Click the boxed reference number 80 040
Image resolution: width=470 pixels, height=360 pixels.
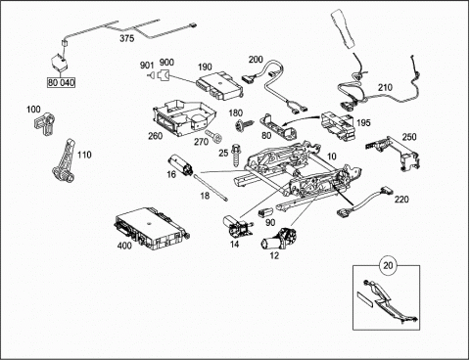[62, 82]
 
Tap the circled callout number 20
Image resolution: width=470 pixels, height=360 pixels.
[388, 265]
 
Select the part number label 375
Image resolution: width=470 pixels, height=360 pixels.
[127, 38]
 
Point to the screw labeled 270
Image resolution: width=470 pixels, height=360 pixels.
[213, 136]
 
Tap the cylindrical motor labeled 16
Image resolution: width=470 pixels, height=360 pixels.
[180, 165]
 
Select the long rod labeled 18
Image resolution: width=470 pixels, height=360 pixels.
[211, 188]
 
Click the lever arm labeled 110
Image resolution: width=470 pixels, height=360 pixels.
[64, 160]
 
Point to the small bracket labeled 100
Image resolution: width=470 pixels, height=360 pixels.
[44, 123]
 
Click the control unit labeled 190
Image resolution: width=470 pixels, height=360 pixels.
[219, 86]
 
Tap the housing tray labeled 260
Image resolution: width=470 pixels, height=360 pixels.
[183, 118]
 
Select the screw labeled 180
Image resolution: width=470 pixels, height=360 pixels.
[244, 124]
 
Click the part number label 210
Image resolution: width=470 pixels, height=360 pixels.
[385, 88]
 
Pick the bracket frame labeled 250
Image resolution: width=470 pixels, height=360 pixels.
[393, 152]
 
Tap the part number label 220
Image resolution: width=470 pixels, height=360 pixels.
[401, 199]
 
